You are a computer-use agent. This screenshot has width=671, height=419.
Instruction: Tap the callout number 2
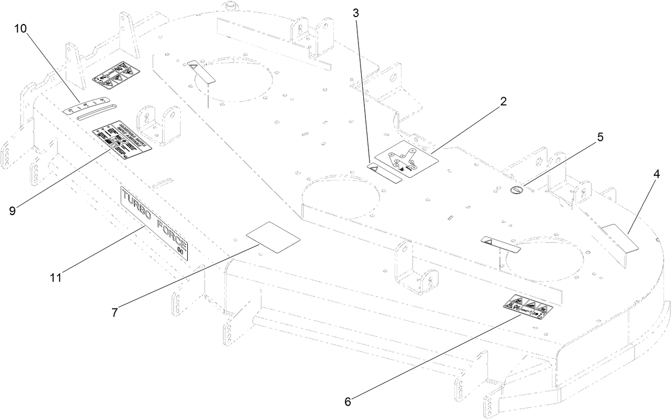(503, 102)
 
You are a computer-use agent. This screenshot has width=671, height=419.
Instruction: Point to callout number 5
(600, 137)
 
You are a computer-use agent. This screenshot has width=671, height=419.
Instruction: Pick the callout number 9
(12, 210)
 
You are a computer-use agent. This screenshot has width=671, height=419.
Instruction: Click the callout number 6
(348, 401)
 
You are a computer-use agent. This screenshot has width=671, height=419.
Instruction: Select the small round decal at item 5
(516, 191)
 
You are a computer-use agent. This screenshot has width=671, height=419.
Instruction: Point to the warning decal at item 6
(528, 307)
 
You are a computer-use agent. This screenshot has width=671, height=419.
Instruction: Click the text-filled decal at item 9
(122, 141)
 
